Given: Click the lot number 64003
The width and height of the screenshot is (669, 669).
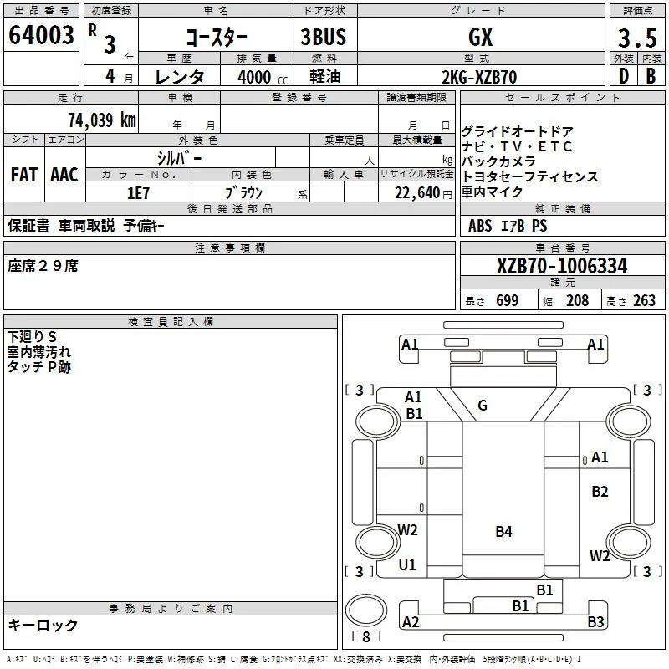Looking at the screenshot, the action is (x=41, y=35).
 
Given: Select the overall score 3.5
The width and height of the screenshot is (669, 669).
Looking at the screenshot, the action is (x=637, y=38).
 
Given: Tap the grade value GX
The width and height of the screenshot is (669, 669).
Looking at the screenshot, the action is (x=481, y=37).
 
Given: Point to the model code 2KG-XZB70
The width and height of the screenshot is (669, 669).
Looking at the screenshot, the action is (x=479, y=77).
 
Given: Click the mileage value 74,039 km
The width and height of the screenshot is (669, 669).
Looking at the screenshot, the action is (x=102, y=120).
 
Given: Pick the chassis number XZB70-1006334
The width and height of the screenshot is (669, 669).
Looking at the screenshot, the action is (x=562, y=266).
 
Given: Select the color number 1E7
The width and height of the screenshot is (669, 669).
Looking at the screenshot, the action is (x=138, y=193).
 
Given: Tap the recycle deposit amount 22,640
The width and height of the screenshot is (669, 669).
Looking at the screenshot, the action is (x=416, y=193).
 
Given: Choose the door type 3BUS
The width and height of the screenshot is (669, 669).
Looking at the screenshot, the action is (x=323, y=37).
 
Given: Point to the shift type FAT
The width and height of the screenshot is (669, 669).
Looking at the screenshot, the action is (x=24, y=175).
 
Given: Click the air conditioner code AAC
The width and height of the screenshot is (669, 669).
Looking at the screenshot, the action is (x=64, y=175).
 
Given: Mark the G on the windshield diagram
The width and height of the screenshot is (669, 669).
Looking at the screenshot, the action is (x=483, y=406).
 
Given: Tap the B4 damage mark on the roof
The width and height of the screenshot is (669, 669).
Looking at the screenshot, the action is (x=504, y=532).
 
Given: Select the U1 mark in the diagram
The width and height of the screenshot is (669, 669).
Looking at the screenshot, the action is (x=407, y=565).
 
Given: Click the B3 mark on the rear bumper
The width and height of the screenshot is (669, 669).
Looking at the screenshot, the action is (x=595, y=621).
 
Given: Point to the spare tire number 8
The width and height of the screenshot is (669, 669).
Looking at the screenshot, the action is (x=366, y=636).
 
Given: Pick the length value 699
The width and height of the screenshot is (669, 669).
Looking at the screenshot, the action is (x=508, y=300).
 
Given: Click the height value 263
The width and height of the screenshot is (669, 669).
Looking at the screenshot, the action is (x=644, y=300).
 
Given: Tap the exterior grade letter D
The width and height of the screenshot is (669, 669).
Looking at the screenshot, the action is (x=624, y=76).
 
